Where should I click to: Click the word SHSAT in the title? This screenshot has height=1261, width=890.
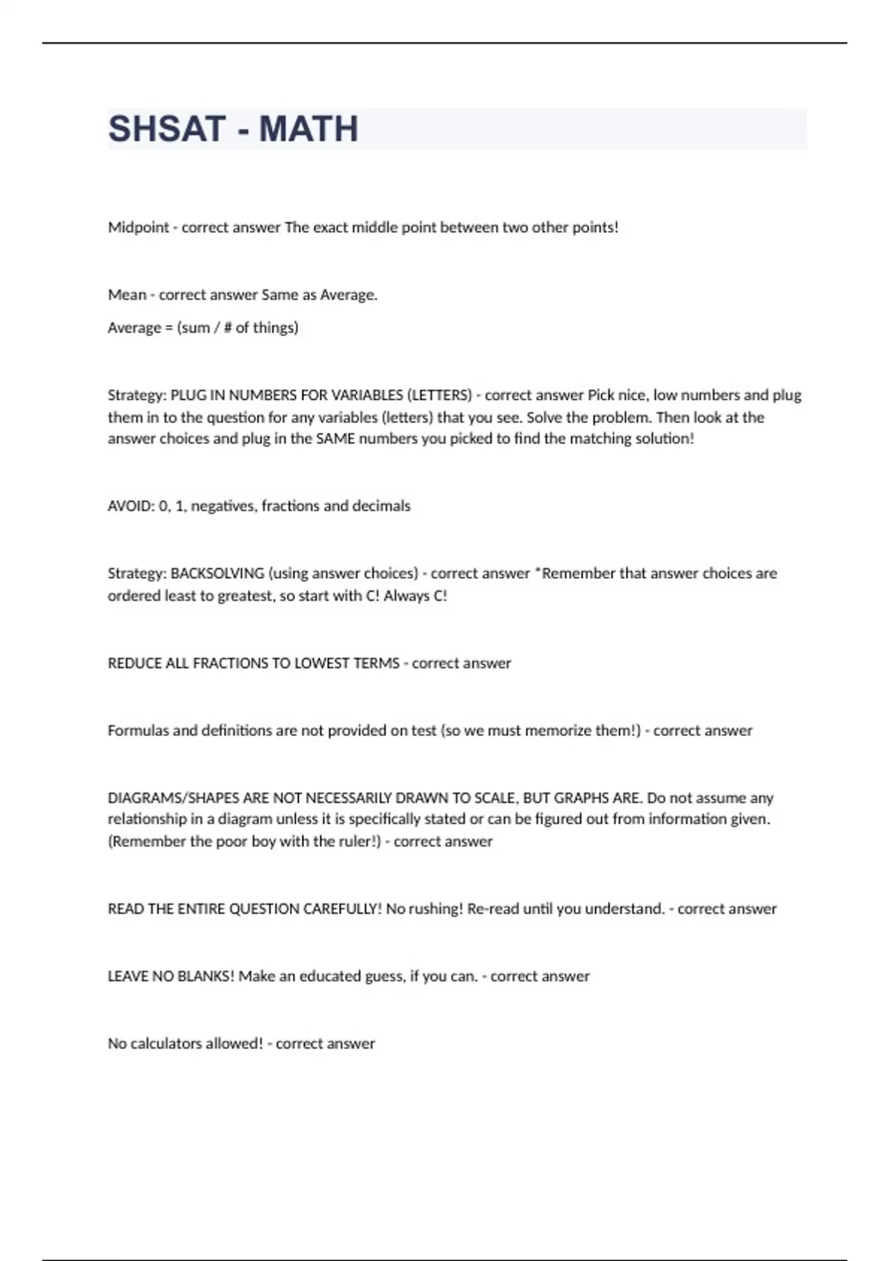click(166, 129)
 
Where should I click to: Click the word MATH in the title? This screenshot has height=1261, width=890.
click(309, 129)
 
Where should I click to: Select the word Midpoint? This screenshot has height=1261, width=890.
click(139, 228)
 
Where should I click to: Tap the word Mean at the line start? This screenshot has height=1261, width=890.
click(127, 295)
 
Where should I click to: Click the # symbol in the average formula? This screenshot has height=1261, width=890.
click(228, 328)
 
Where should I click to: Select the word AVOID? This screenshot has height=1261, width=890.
click(131, 506)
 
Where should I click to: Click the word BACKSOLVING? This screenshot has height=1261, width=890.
click(217, 573)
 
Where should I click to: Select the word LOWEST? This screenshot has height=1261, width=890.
click(320, 663)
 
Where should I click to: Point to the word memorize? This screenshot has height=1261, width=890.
click(558, 731)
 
